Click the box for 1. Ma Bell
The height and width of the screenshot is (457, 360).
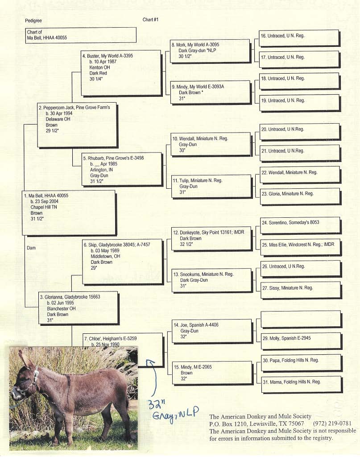pos(69,213)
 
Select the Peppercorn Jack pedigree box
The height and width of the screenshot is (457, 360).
pos(78,125)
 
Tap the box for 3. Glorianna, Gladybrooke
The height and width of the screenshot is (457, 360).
pos(79,308)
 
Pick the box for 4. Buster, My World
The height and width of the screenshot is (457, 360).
pos(121,73)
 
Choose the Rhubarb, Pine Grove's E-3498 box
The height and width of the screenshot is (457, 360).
pos(122,169)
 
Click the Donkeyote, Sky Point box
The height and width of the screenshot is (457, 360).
pos(211,239)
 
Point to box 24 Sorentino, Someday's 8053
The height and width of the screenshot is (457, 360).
pos(300,225)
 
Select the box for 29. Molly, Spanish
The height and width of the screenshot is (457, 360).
pos(301,341)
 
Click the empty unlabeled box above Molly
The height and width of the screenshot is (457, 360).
pos(301,319)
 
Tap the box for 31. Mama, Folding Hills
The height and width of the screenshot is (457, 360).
pos(302,385)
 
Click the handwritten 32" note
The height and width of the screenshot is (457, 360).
pos(157,404)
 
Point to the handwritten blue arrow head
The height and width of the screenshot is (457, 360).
pos(151,362)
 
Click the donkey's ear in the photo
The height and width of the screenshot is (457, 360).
pos(26,360)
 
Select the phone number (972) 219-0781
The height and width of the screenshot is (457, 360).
pos(332,424)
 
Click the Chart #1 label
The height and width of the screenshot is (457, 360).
pos(150,20)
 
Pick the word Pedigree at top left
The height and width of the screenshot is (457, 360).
pos(33,21)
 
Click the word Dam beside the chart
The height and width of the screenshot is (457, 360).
pos(31,248)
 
